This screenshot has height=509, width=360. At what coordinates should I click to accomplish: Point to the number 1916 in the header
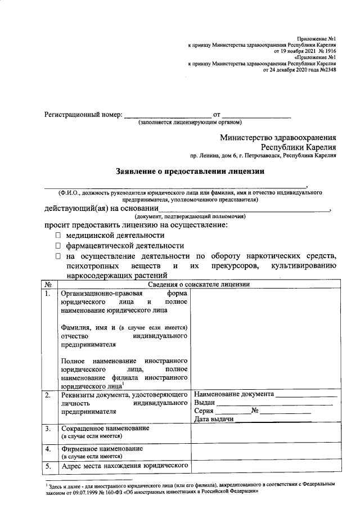328,50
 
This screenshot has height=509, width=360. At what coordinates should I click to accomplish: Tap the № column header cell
48,285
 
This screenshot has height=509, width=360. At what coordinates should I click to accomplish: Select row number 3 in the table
48,429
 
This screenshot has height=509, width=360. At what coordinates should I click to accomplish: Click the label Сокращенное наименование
105,429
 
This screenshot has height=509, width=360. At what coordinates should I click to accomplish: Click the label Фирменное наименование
102,449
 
